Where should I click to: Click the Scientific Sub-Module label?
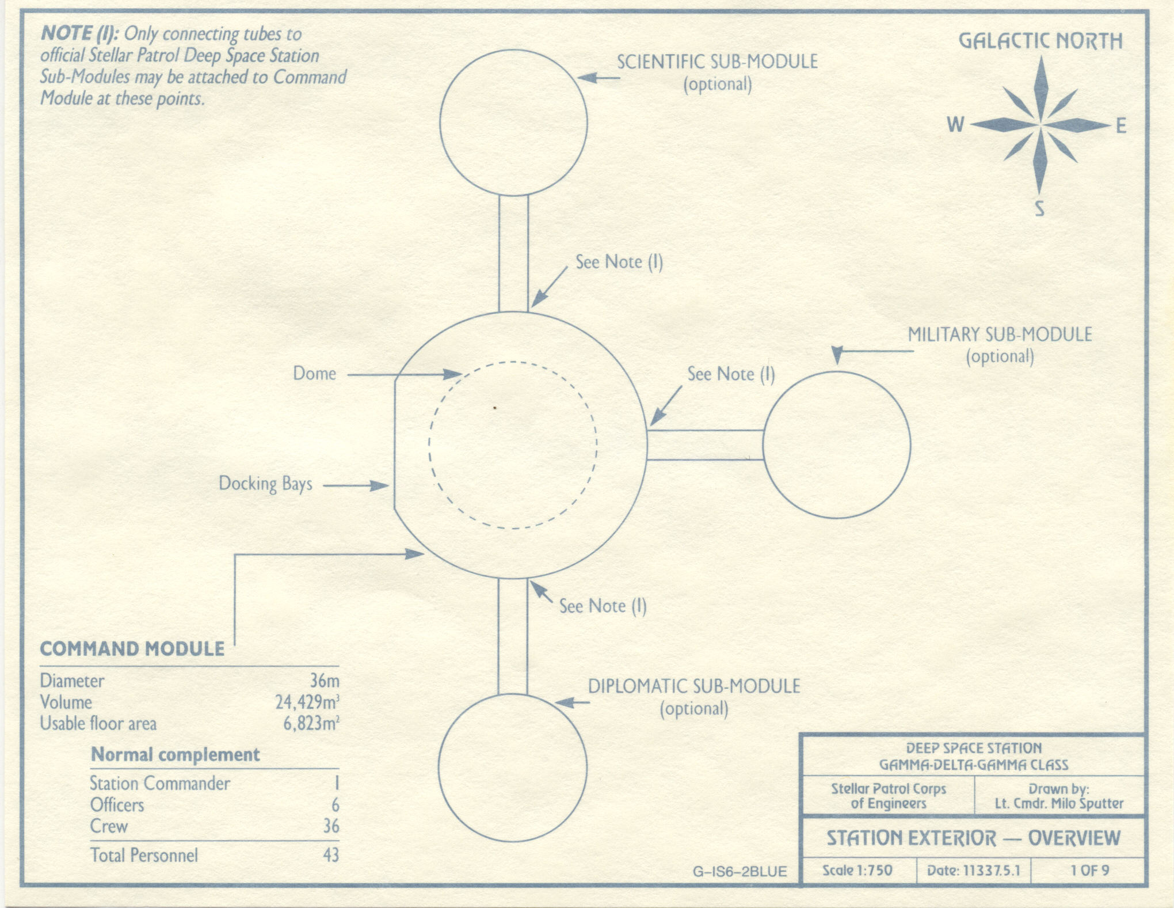coord(717,62)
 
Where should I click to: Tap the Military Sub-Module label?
coord(1000,335)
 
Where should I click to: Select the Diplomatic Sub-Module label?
coord(693,686)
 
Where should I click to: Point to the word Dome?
coord(314,374)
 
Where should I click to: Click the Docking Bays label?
coord(265,484)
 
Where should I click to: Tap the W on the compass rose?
coord(955,124)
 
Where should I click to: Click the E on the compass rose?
coord(1121,126)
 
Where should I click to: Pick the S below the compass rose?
coord(1039,208)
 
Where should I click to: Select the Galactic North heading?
coord(1040,41)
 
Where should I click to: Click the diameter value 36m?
coord(325,681)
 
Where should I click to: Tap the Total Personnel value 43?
coord(331,855)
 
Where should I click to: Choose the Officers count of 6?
coord(335,805)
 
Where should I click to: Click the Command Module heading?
coord(132,649)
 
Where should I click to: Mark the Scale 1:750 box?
coord(857,870)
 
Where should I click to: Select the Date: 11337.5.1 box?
coord(973,870)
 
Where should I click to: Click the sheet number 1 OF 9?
coord(1089,870)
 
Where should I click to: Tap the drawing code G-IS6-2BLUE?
coord(740,872)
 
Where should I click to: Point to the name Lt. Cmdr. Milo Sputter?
coord(1059,804)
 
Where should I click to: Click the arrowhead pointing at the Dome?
coord(452,375)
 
